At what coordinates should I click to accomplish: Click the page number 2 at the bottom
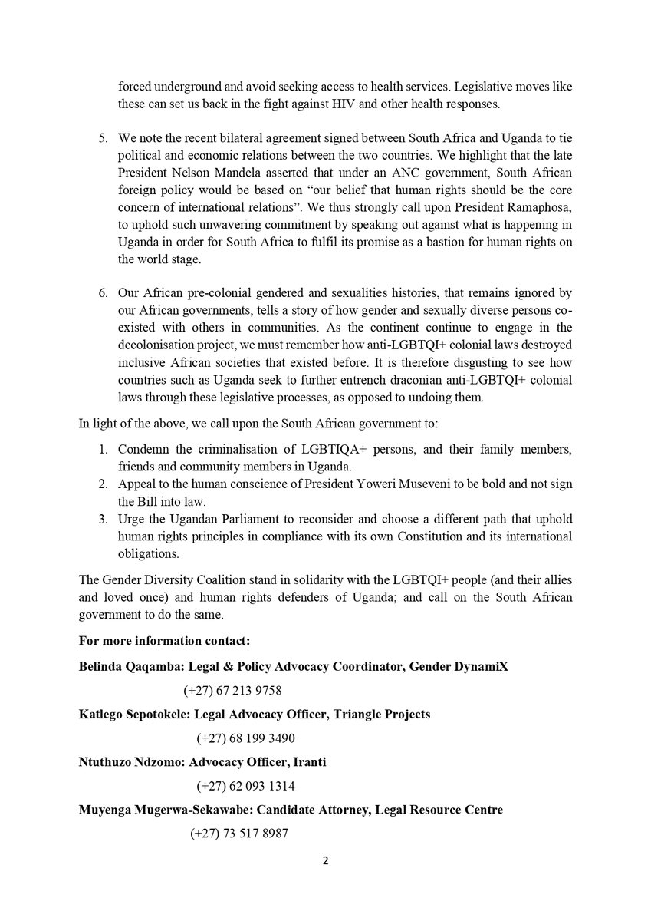(325, 860)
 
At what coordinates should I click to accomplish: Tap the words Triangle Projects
(381, 714)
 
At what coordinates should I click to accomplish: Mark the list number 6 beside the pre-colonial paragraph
(104, 293)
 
